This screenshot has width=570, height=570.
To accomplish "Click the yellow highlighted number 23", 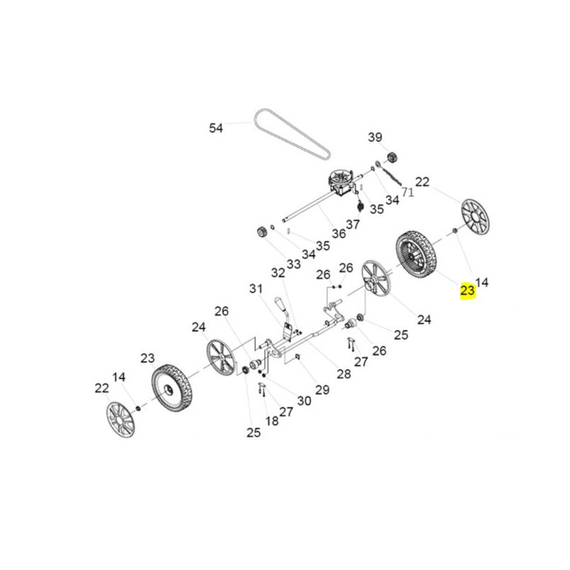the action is pyautogui.click(x=467, y=290).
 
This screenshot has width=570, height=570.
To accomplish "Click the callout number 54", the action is pyautogui.click(x=216, y=128).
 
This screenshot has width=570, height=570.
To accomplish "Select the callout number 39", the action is pyautogui.click(x=375, y=137).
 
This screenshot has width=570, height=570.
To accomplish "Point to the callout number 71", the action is pyautogui.click(x=408, y=192).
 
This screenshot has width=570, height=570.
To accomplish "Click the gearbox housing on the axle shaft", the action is pyautogui.click(x=341, y=183).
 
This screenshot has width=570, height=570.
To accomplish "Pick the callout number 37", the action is pyautogui.click(x=353, y=224).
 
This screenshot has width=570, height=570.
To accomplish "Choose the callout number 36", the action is pyautogui.click(x=339, y=234).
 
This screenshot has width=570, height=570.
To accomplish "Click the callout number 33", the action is pyautogui.click(x=294, y=264).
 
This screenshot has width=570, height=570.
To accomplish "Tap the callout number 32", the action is pyautogui.click(x=278, y=273).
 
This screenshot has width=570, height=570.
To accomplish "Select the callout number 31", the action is pyautogui.click(x=256, y=289).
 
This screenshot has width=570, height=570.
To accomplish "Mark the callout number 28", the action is pyautogui.click(x=344, y=373).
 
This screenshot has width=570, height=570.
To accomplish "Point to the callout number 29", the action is pyautogui.click(x=322, y=390).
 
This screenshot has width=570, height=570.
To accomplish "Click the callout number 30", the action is pyautogui.click(x=304, y=400).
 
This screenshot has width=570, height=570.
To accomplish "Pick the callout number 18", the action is pyautogui.click(x=272, y=420).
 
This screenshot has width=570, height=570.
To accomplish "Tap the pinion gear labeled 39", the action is pyautogui.click(x=393, y=158).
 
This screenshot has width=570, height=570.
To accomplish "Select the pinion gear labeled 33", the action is pyautogui.click(x=261, y=232).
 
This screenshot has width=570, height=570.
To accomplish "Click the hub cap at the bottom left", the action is pyautogui.click(x=120, y=420).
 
